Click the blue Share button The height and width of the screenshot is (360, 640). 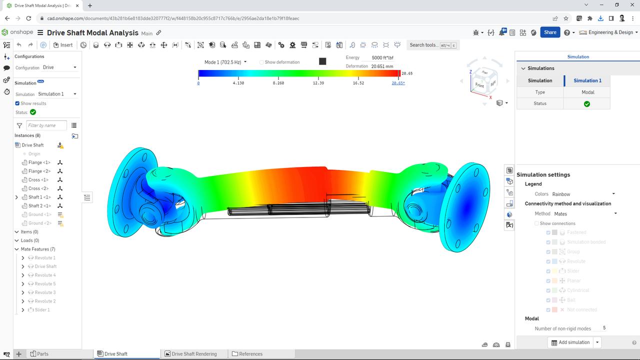click(x=550, y=32)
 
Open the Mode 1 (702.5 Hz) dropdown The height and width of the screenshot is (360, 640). click(x=225, y=62)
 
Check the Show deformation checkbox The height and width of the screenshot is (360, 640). click(x=261, y=62)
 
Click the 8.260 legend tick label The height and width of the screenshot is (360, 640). click(x=278, y=83)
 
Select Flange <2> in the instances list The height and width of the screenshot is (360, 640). click(x=39, y=171)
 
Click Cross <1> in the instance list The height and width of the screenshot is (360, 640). click(x=38, y=180)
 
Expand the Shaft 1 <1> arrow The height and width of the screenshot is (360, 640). click(x=17, y=197)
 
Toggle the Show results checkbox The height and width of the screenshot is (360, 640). click(x=17, y=103)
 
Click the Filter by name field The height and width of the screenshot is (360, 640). click(x=46, y=125)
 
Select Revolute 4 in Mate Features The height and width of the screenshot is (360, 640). click(x=45, y=275)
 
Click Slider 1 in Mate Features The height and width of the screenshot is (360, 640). click(x=42, y=310)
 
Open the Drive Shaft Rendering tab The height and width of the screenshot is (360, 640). click(x=194, y=354)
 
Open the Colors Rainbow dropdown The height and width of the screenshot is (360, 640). click(x=583, y=194)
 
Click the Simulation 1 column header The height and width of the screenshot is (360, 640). click(x=587, y=80)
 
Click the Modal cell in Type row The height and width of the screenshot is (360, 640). click(x=587, y=92)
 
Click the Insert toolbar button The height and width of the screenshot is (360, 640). click(x=63, y=45)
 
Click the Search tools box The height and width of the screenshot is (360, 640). click(x=432, y=45)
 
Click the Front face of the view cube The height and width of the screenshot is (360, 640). click(x=479, y=85)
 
